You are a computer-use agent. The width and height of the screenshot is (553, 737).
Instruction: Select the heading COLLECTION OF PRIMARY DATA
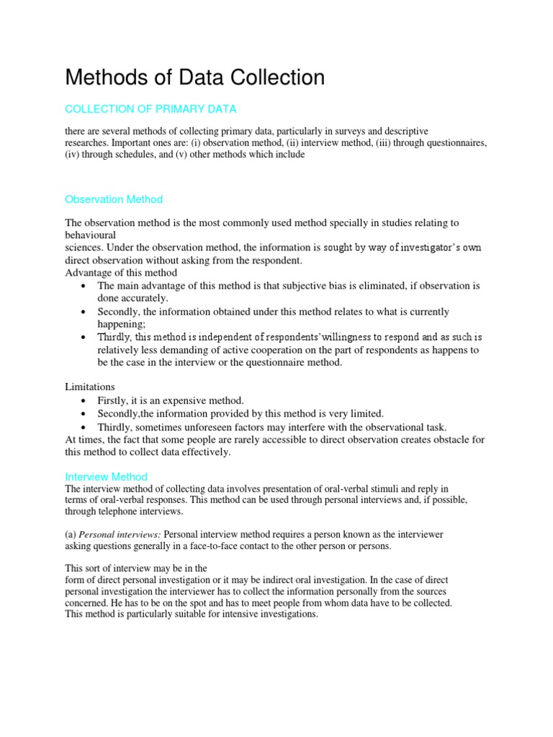(x=150, y=109)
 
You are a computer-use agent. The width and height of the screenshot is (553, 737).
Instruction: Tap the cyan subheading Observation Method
(x=114, y=199)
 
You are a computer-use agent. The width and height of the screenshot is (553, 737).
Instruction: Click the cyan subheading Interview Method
(x=106, y=476)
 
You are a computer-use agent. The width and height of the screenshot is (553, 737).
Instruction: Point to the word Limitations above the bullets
(x=90, y=386)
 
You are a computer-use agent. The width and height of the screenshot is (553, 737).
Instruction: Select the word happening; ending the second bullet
(x=122, y=325)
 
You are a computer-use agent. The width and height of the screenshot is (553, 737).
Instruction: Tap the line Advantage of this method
(x=121, y=273)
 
